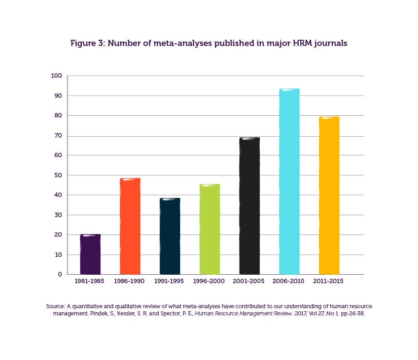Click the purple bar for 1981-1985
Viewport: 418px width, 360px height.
[90, 254]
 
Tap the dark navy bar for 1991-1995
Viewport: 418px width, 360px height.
[170, 236]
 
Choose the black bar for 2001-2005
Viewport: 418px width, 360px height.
[249, 206]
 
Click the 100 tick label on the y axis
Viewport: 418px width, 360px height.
[56, 76]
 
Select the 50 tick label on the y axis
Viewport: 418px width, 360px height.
[58, 175]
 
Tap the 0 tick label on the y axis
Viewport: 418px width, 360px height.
[59, 274]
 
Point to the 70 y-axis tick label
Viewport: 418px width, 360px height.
[58, 136]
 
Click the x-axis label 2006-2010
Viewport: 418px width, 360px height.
[289, 281]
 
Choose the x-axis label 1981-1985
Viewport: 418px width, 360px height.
[90, 281]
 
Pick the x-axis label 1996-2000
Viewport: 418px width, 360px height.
[209, 281]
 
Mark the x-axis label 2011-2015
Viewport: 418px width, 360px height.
[329, 281]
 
